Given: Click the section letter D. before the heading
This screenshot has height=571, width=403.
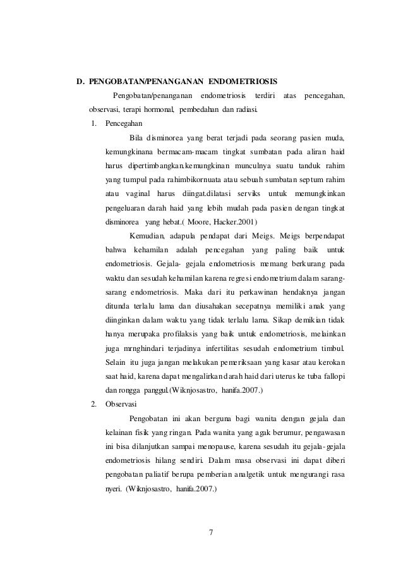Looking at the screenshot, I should (80, 82).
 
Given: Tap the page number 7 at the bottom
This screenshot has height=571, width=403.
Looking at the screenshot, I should (211, 529).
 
